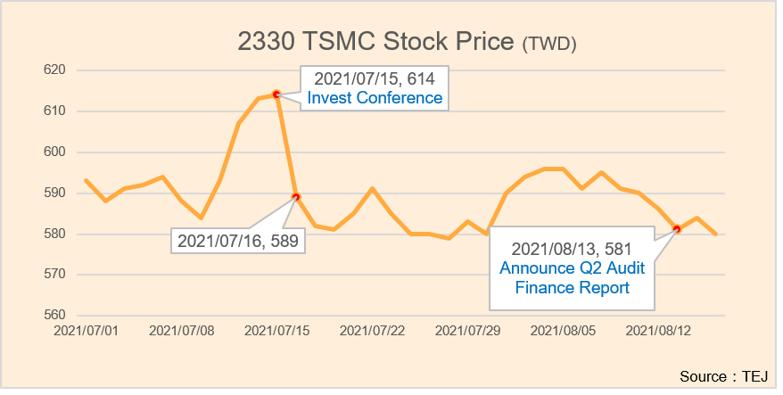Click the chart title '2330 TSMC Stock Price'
pyautogui.click(x=377, y=41)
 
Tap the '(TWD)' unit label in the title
pyautogui.click(x=549, y=43)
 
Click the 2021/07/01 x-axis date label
pyautogui.click(x=86, y=331)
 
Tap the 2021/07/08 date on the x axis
pyautogui.click(x=181, y=331)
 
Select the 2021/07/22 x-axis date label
pyautogui.click(x=373, y=331)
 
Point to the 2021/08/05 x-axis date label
pyautogui.click(x=564, y=331)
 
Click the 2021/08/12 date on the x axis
pyautogui.click(x=659, y=331)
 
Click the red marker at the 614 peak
pyautogui.click(x=276, y=94)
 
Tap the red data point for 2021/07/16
pyautogui.click(x=296, y=197)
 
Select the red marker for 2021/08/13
pyautogui.click(x=677, y=229)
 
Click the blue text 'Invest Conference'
pyautogui.click(x=375, y=97)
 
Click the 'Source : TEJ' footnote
pyautogui.click(x=723, y=375)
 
